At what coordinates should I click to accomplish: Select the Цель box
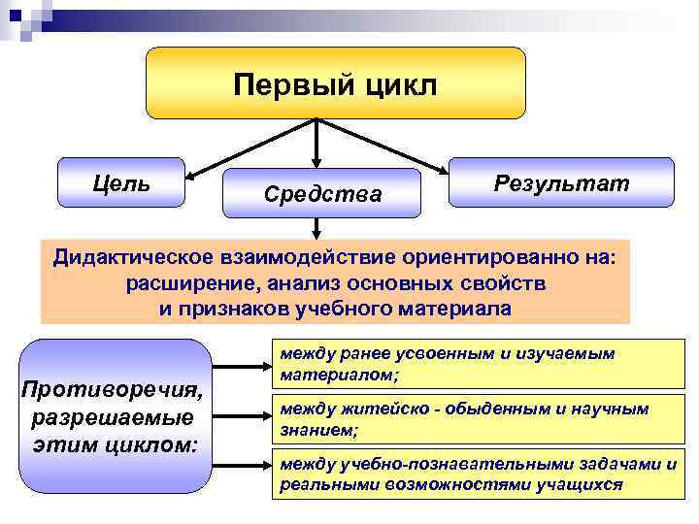click(x=121, y=182)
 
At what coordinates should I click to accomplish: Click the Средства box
click(x=322, y=195)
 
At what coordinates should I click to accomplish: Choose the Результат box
click(x=561, y=182)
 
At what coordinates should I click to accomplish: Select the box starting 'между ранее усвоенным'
click(x=475, y=364)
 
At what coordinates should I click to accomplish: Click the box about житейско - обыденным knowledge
click(x=475, y=418)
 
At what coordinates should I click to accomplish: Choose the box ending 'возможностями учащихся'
click(x=475, y=474)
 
